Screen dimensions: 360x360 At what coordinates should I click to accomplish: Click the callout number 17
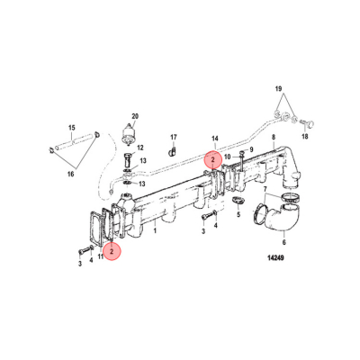(x=175, y=136)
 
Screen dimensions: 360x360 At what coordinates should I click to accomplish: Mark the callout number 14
(x=215, y=139)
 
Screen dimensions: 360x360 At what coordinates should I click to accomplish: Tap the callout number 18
(x=229, y=157)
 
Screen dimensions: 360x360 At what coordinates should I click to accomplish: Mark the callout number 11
(x=99, y=258)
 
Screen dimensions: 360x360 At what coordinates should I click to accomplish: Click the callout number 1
(x=155, y=230)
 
